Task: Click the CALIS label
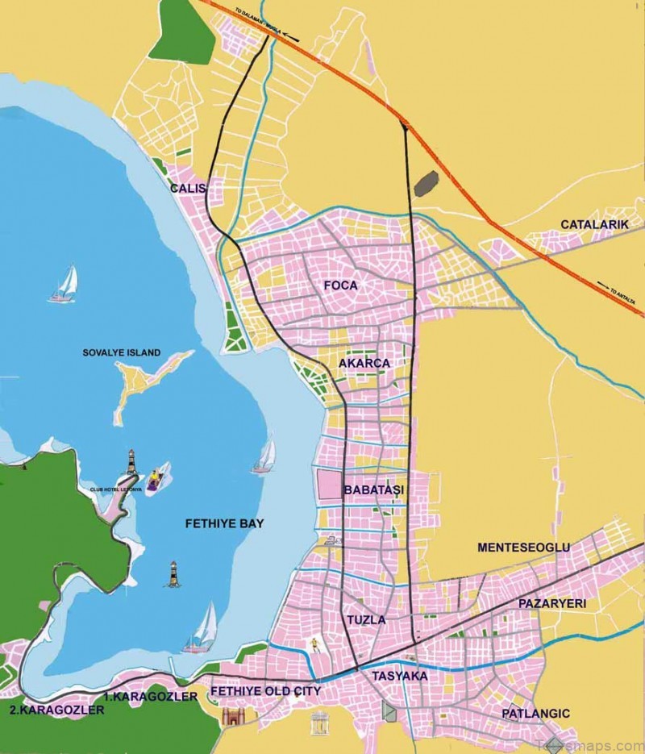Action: [188, 189]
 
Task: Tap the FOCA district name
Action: [340, 285]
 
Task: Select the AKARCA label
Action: [364, 364]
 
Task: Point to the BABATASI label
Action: [373, 489]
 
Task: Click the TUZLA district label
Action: [366, 620]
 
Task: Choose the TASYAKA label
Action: [399, 676]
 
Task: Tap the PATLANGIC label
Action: [535, 714]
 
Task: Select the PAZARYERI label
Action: [552, 603]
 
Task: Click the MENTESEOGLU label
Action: [523, 548]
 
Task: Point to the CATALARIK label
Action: [594, 224]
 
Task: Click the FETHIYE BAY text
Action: [224, 523]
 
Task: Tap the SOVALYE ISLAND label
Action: [122, 353]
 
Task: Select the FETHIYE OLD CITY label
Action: [265, 692]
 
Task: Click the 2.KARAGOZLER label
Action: [56, 710]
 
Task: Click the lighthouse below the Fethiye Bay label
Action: [172, 573]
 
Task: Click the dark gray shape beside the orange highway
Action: [426, 184]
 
